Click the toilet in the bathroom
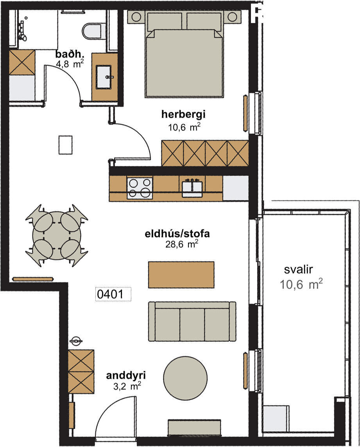tap(92, 31)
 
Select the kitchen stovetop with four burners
tap(140, 188)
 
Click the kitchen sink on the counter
tap(192, 188)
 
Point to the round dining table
tap(56, 235)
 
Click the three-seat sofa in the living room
tap(192, 321)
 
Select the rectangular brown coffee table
tap(181, 275)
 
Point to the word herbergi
tap(183, 114)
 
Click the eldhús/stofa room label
tap(177, 234)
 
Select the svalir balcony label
tap(299, 269)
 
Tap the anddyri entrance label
tap(126, 375)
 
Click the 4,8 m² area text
tap(70, 64)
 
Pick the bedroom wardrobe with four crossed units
tap(205, 153)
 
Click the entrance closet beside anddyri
tap(81, 372)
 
